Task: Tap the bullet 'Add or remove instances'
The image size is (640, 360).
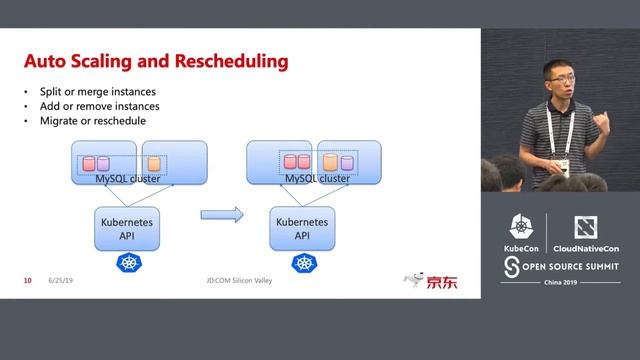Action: pyautogui.click(x=92, y=106)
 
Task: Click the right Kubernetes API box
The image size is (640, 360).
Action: pyautogui.click(x=302, y=228)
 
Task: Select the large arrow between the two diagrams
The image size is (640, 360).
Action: pyautogui.click(x=222, y=214)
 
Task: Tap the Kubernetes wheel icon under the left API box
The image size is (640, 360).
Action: pyautogui.click(x=128, y=263)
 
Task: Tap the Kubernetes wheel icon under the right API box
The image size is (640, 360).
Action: pyautogui.click(x=303, y=263)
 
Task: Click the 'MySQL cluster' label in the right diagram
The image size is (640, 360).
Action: pyautogui.click(x=317, y=178)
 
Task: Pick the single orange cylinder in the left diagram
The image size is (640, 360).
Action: pyautogui.click(x=154, y=162)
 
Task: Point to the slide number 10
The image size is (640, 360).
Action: pyautogui.click(x=28, y=281)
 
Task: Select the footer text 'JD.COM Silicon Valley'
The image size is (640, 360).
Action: pyautogui.click(x=232, y=281)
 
